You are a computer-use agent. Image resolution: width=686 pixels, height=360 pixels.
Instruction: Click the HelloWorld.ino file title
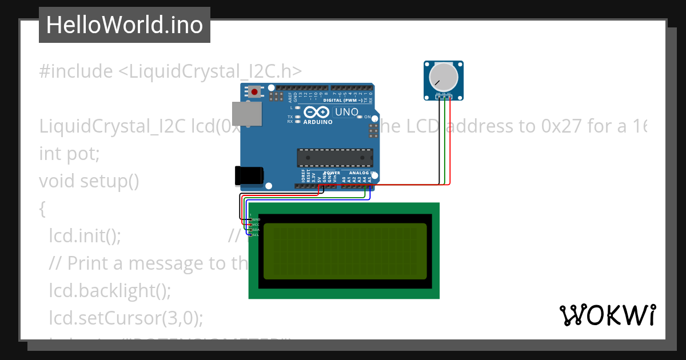point(124,25)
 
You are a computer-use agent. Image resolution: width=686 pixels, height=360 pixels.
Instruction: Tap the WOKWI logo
point(607,315)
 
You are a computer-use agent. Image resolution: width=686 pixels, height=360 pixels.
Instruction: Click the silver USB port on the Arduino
point(246,114)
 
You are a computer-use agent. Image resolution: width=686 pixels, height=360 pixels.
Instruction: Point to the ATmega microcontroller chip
point(334,158)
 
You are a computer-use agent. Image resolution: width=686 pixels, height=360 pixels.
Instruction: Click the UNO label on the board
point(346,112)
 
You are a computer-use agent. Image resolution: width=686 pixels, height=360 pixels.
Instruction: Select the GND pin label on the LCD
point(256,219)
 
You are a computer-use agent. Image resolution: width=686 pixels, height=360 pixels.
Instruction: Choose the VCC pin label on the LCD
point(256,225)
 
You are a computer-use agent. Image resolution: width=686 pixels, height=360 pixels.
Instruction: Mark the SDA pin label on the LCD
point(256,230)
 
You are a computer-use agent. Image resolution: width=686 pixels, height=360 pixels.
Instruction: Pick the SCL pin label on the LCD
point(256,235)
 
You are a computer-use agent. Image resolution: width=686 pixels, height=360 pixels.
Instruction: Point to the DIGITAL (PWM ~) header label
point(342,100)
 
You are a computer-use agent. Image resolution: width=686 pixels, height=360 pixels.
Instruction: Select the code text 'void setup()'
point(89,181)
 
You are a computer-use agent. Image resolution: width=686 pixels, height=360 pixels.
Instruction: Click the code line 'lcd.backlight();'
point(110,290)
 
